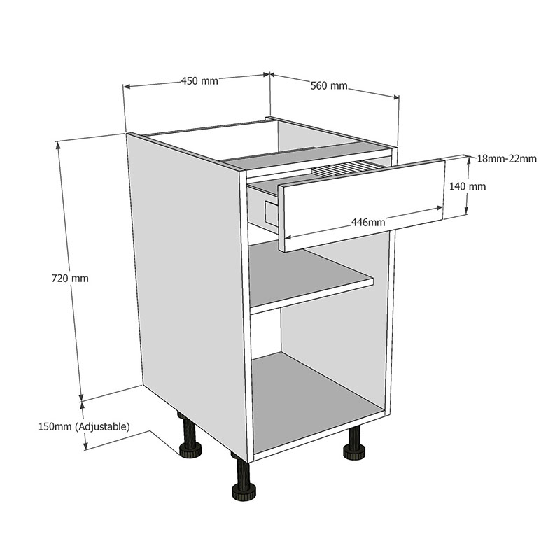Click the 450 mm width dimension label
click(x=199, y=80)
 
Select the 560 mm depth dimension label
click(x=328, y=86)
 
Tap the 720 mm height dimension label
click(x=70, y=278)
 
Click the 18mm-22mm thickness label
click(x=507, y=159)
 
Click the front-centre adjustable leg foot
click(x=242, y=490)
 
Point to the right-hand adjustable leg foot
click(x=355, y=453)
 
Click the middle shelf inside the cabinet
click(x=308, y=280)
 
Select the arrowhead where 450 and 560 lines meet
click(x=269, y=73)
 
